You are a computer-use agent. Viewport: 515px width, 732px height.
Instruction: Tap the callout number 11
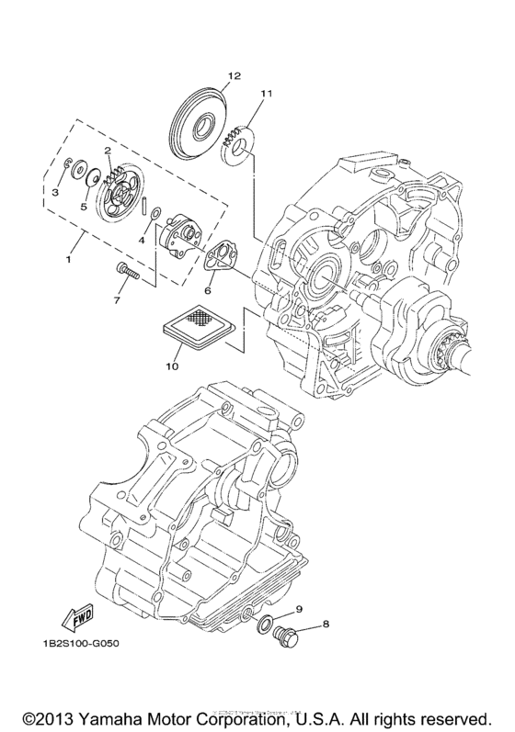coord(267,93)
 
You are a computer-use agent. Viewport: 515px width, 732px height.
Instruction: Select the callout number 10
coord(171,366)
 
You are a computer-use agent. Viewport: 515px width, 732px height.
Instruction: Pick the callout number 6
coord(208,290)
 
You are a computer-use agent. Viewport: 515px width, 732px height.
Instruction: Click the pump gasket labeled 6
coord(221,259)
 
